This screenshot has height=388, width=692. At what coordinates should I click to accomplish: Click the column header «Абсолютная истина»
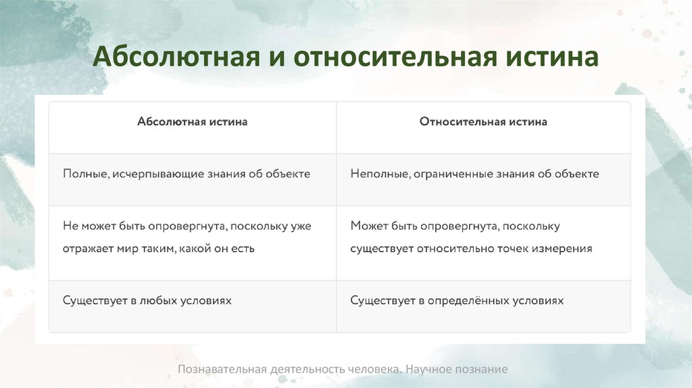[x=192, y=122]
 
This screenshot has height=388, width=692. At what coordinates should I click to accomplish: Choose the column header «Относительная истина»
[x=483, y=122]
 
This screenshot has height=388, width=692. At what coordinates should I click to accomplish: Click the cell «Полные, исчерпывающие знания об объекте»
[x=187, y=174]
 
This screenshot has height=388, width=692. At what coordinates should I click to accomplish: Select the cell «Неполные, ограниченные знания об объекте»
[x=474, y=174]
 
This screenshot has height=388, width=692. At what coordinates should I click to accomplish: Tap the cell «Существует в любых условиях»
[x=147, y=300]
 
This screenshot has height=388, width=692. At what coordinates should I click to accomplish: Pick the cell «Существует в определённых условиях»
[x=457, y=300]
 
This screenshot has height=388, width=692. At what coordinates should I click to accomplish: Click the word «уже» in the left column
[x=300, y=226]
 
